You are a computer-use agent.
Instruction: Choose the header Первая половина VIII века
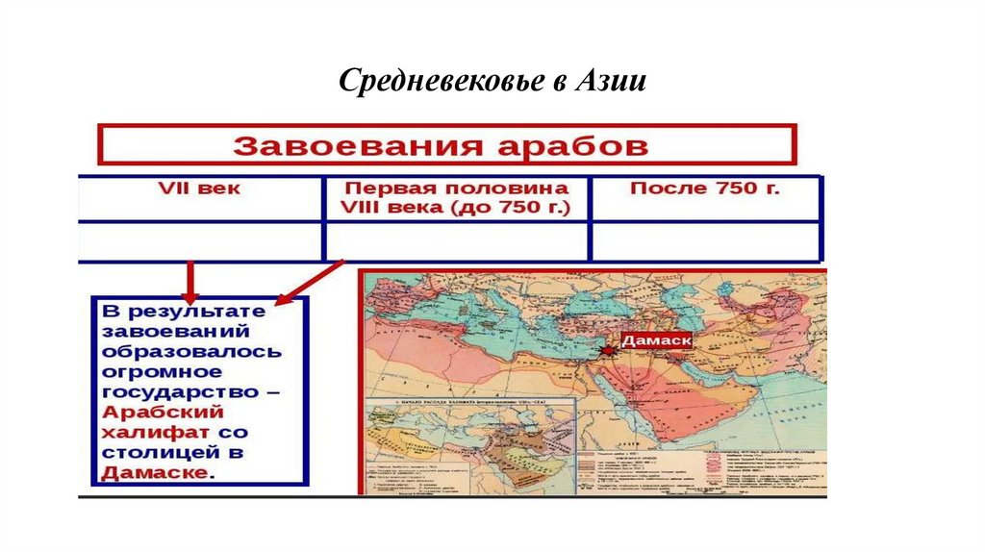(457, 197)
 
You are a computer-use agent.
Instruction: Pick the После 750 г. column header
(705, 188)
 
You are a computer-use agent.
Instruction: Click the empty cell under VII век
(200, 240)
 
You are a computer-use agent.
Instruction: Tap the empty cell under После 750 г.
(707, 240)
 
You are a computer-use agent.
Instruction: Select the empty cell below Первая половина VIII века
(457, 240)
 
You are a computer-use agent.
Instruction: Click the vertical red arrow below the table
(190, 281)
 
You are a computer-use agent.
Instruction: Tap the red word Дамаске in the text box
(154, 473)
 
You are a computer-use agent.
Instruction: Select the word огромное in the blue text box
(162, 371)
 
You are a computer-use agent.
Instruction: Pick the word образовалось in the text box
(192, 351)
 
